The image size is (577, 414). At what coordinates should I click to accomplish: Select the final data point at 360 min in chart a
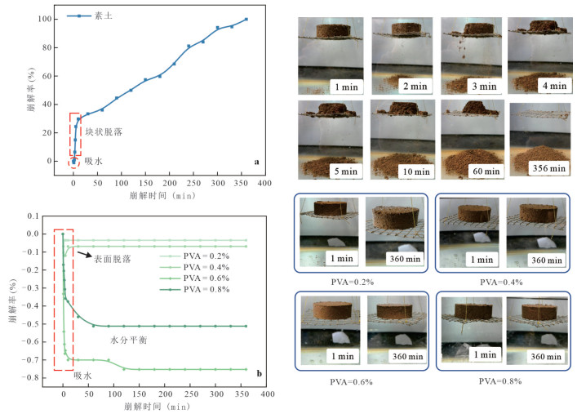tap(246, 19)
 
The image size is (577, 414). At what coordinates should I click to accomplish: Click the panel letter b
tap(259, 374)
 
